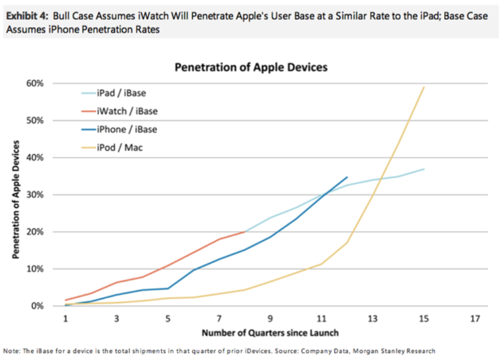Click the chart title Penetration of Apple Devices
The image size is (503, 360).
pyautogui.click(x=251, y=67)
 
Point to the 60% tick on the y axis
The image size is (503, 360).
pyautogui.click(x=44, y=84)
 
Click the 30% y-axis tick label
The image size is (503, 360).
pyautogui.click(x=44, y=195)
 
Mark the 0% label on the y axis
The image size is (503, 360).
pyautogui.click(x=46, y=306)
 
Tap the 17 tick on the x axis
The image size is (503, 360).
pyautogui.click(x=475, y=318)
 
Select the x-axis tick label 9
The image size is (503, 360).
pyautogui.click(x=270, y=318)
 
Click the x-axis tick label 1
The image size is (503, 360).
pyautogui.click(x=66, y=318)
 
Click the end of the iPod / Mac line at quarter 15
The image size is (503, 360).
pyautogui.click(x=424, y=87)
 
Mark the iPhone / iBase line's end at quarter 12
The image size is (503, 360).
pyautogui.click(x=347, y=177)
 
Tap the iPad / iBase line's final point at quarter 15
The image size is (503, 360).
pyautogui.click(x=424, y=169)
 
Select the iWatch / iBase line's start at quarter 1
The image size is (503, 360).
pyautogui.click(x=66, y=300)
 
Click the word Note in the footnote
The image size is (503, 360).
pyautogui.click(x=12, y=351)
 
